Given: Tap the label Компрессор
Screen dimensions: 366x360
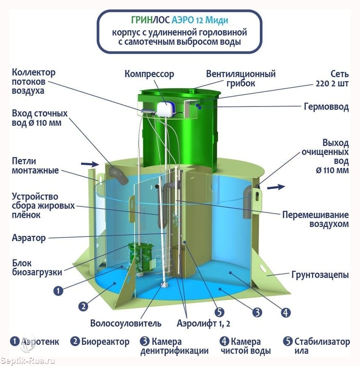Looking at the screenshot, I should (149, 74).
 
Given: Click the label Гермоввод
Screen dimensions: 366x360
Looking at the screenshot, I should (326, 107).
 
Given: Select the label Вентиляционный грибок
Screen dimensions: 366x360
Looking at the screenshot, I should (240, 78).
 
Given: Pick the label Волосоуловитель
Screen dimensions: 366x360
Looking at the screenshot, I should (126, 323).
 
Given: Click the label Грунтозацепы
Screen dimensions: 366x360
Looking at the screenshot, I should (320, 275).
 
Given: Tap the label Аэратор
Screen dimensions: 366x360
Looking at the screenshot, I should (29, 238).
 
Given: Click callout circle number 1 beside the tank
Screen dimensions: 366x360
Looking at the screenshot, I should (58, 290).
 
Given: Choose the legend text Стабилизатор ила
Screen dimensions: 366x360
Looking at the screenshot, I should (322, 346).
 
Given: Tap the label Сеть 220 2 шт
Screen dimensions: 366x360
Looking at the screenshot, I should (331, 78).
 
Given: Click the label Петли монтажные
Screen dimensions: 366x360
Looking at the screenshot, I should (35, 166).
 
